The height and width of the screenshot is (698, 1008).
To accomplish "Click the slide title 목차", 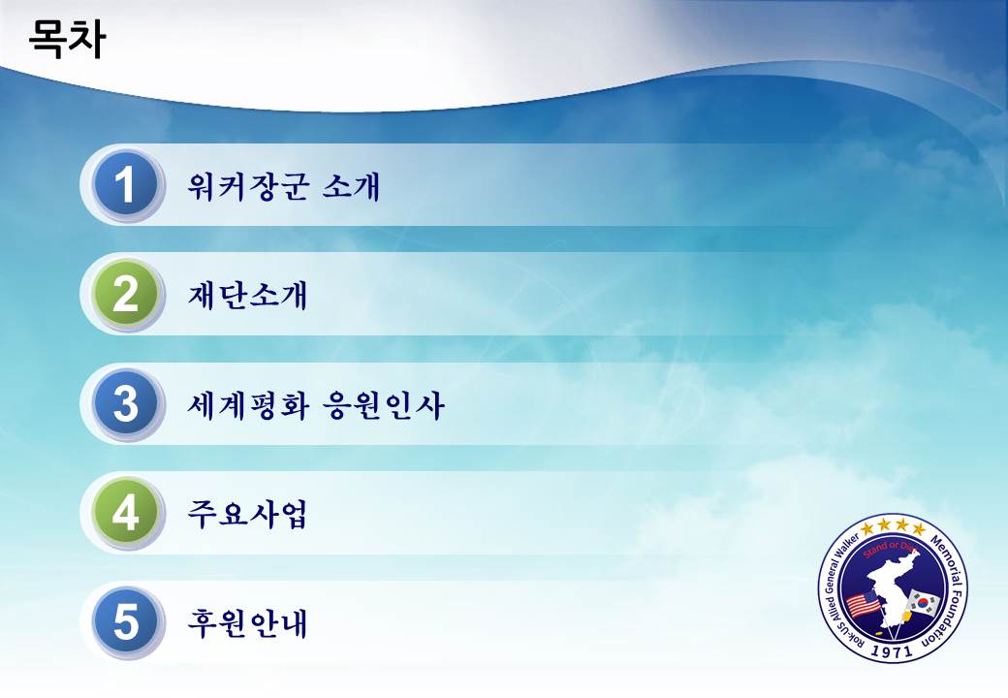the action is (x=67, y=39).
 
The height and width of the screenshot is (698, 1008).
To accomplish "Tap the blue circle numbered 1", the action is (x=125, y=184).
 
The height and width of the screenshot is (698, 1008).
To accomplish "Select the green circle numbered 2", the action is (x=125, y=294).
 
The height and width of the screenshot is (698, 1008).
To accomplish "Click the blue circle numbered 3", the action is (x=125, y=403).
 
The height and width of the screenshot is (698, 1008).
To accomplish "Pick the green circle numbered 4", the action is (x=125, y=512).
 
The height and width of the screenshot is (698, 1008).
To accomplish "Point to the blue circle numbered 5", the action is (x=125, y=621).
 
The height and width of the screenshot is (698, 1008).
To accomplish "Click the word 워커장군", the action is (x=248, y=186).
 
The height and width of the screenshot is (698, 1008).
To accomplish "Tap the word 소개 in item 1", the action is (x=351, y=186).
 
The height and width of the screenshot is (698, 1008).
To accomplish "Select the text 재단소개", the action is (x=247, y=296).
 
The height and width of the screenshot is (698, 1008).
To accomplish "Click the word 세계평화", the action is (x=248, y=405).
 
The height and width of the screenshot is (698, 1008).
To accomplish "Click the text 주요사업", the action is (x=247, y=514).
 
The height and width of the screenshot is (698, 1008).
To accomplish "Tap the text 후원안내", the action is (x=247, y=623).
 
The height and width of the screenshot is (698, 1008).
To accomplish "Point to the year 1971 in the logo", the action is (x=893, y=651).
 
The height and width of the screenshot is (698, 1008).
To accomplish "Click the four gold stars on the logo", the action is (x=893, y=528).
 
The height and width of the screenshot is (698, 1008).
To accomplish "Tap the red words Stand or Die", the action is (x=890, y=550).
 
